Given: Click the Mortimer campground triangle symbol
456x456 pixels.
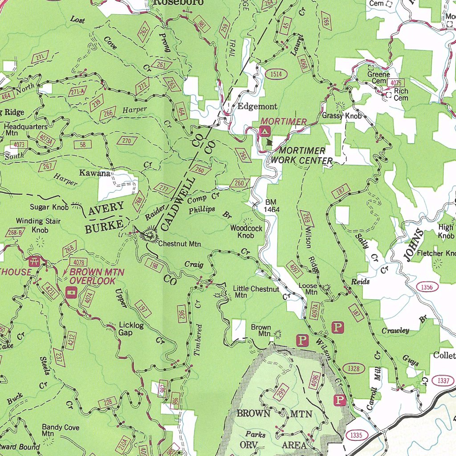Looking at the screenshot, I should (x=265, y=131).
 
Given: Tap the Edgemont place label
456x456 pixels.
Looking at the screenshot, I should (x=257, y=106).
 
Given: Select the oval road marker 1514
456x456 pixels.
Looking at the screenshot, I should (x=276, y=74).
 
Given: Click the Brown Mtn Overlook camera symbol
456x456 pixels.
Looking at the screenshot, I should (x=71, y=292).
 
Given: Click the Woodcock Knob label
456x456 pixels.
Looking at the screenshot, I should (x=246, y=232).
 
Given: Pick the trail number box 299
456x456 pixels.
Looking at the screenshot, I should (x=281, y=392).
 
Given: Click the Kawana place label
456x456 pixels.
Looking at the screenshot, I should (x=94, y=173).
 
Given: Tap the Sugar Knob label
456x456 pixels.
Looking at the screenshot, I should (x=49, y=207).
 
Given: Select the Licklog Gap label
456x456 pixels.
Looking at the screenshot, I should (x=131, y=329).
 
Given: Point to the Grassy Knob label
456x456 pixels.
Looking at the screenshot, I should (x=342, y=116).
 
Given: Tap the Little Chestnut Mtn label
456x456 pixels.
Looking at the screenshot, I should (x=256, y=292).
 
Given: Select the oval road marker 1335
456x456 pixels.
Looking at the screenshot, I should (x=357, y=435).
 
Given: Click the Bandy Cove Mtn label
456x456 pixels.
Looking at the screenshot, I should (x=61, y=430).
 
